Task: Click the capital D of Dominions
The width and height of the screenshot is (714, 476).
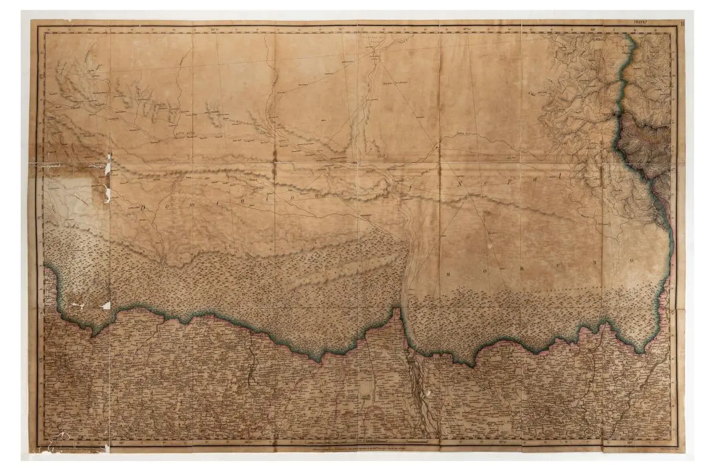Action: tap(144, 207)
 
